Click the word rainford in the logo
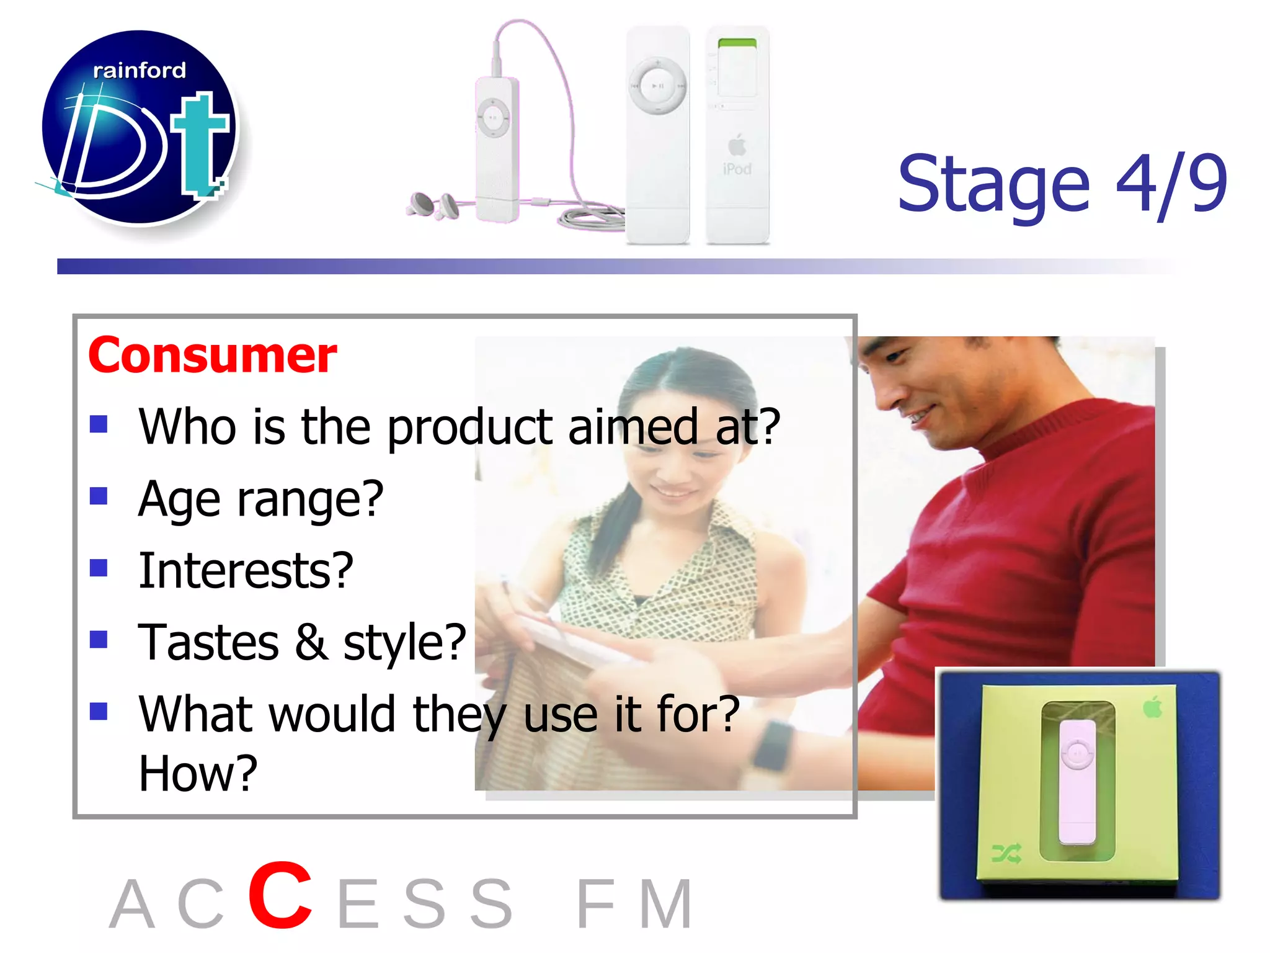[139, 71]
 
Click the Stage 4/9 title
[1062, 184]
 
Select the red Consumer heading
[213, 356]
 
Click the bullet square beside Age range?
[99, 496]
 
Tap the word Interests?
[246, 571]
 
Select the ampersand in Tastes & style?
[311, 642]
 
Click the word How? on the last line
[198, 773]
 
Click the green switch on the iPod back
[737, 43]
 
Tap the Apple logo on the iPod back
[737, 145]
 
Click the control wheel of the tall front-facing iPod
[658, 86]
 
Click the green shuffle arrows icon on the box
[1006, 854]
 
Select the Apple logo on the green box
[1152, 707]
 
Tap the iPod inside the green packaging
[1077, 781]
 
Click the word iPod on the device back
[737, 169]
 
